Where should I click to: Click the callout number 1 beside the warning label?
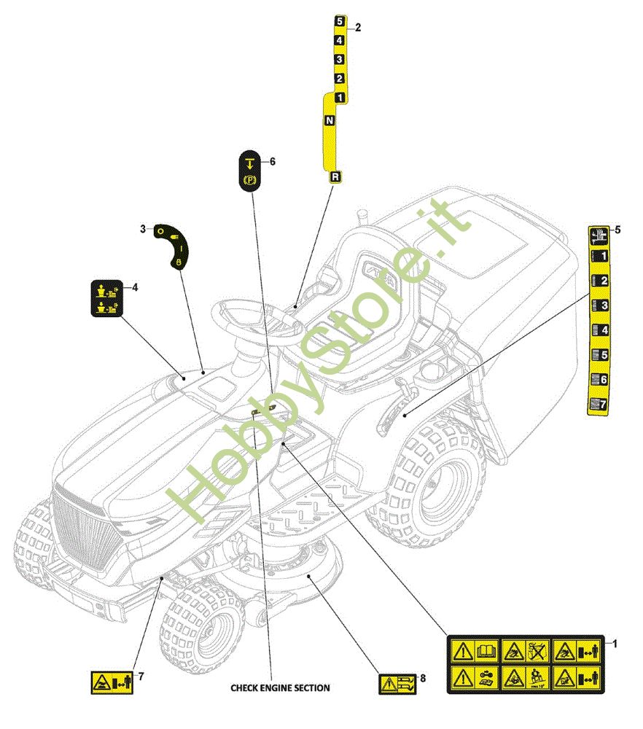click(615, 644)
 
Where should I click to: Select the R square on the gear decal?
click(335, 176)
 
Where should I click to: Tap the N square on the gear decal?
click(330, 120)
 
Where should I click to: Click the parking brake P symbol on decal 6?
click(249, 179)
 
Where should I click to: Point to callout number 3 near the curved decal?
click(143, 229)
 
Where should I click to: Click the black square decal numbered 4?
click(106, 299)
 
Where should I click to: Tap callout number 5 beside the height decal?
click(618, 230)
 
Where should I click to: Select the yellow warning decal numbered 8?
click(397, 684)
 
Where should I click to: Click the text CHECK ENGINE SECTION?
click(280, 687)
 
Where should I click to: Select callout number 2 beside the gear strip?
click(358, 28)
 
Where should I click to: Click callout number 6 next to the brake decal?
click(273, 161)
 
